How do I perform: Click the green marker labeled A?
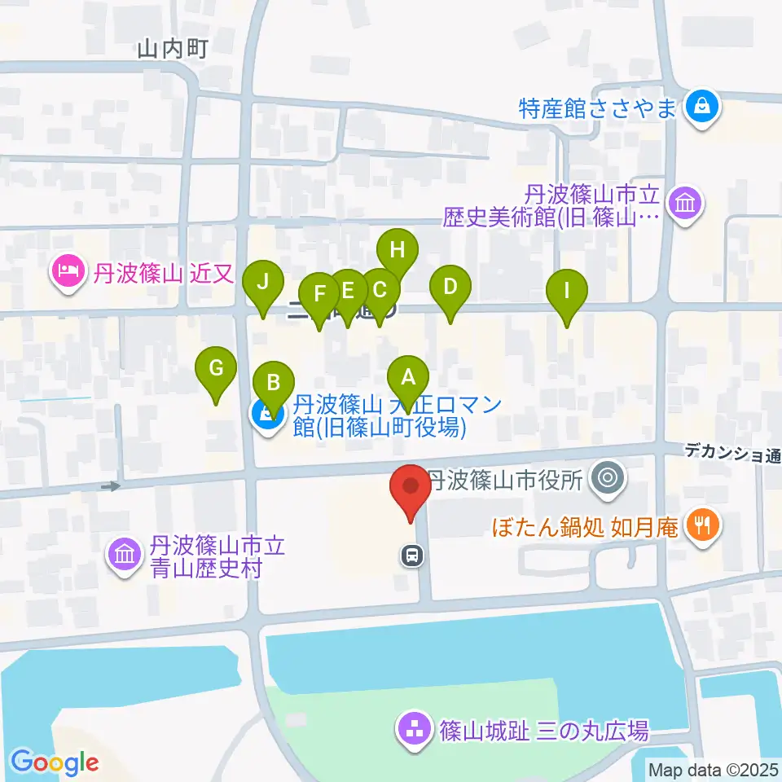(x=408, y=377)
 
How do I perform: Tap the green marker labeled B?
(x=274, y=382)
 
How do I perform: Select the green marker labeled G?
(x=216, y=368)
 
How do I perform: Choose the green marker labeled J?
(x=262, y=282)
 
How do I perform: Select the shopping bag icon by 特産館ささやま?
(x=700, y=106)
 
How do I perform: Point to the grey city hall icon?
(x=607, y=479)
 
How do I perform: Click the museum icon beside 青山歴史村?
(x=125, y=556)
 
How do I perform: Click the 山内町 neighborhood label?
(x=173, y=51)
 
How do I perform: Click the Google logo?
(x=55, y=762)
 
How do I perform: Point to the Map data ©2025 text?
(x=712, y=769)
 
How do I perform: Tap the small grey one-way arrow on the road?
(x=111, y=486)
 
